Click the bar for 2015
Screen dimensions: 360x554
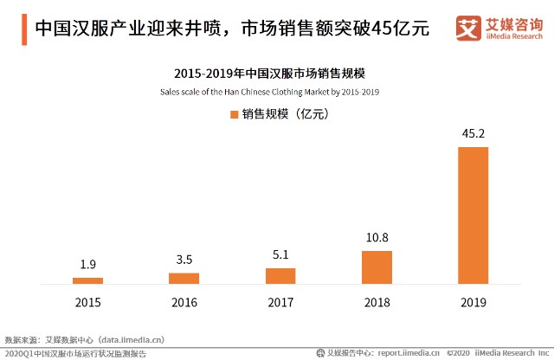click(x=87, y=280)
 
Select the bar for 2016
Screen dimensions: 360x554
click(x=184, y=278)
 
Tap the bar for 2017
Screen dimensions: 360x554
click(x=280, y=275)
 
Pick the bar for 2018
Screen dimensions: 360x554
click(x=377, y=267)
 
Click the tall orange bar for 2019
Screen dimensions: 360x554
click(x=473, y=215)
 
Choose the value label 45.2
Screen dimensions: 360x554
click(x=473, y=134)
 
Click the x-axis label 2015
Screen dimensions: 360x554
click(x=87, y=302)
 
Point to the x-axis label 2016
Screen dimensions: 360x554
click(x=184, y=302)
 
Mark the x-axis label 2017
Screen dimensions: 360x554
click(x=280, y=302)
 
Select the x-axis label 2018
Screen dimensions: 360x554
click(x=377, y=302)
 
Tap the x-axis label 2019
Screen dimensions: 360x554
click(x=473, y=302)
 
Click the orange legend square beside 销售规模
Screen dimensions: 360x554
click(x=234, y=113)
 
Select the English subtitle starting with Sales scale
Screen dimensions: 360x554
click(x=270, y=91)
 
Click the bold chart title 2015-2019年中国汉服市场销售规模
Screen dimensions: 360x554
click(x=270, y=74)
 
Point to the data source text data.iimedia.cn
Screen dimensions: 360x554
click(x=132, y=340)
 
